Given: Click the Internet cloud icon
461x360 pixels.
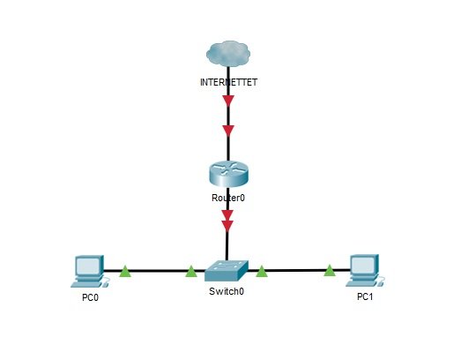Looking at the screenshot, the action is click(x=228, y=54).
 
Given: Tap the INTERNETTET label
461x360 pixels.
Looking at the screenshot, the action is click(x=228, y=82).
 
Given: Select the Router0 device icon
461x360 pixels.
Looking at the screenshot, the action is click(x=228, y=174).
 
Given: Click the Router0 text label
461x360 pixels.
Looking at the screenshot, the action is click(x=228, y=198).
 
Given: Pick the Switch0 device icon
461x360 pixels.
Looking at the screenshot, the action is click(x=227, y=271).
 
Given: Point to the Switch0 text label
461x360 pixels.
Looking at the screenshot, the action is click(x=227, y=291).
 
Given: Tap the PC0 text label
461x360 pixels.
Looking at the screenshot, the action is click(x=90, y=298).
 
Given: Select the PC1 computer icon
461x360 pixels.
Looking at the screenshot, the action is click(x=365, y=271).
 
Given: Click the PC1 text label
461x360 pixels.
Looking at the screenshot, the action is click(x=365, y=296).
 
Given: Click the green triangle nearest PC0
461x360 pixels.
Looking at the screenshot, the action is click(x=125, y=272).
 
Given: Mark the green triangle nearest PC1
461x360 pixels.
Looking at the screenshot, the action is click(x=330, y=271).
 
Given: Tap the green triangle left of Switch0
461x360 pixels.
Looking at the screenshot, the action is click(x=191, y=272).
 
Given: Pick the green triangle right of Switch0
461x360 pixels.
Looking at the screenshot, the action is click(x=262, y=272).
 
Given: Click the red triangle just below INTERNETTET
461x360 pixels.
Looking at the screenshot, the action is click(x=228, y=101).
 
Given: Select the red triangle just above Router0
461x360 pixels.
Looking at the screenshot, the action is click(x=228, y=131).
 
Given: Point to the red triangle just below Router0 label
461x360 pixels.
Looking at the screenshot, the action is click(x=227, y=215).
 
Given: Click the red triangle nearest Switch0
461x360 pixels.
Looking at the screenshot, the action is click(x=227, y=226).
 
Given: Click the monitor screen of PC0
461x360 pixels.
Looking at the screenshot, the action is click(x=87, y=266).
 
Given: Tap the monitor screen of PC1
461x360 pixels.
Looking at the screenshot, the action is click(x=363, y=266).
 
